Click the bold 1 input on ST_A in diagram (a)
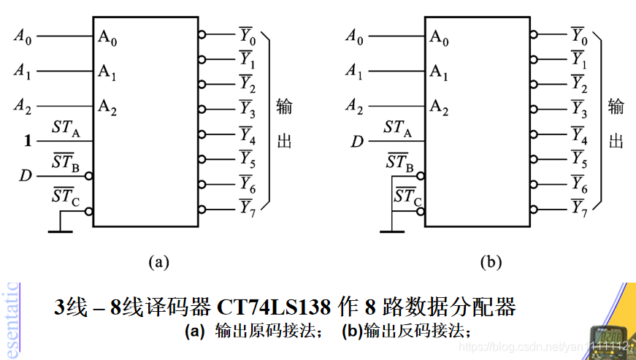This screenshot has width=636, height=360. pyautogui.click(x=28, y=140)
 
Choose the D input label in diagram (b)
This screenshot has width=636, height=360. pyautogui.click(x=356, y=140)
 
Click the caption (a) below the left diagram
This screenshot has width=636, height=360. pyautogui.click(x=158, y=261)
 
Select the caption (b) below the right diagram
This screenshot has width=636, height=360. pyautogui.click(x=491, y=261)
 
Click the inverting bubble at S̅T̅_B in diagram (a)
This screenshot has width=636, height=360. pyautogui.click(x=89, y=176)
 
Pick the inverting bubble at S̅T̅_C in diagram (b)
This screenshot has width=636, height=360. pyautogui.click(x=421, y=211)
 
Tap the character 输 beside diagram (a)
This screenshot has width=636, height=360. pyautogui.click(x=284, y=107)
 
